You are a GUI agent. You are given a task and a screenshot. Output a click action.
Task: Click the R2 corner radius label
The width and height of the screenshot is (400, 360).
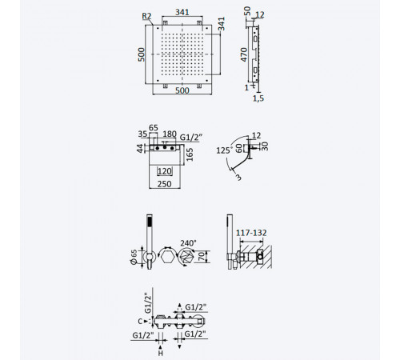146,16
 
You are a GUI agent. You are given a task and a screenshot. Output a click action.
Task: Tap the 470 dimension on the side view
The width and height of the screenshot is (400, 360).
244,54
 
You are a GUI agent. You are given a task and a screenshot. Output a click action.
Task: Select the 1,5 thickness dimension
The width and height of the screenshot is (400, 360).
258,98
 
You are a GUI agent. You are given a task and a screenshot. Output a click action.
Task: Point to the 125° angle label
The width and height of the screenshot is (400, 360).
223,150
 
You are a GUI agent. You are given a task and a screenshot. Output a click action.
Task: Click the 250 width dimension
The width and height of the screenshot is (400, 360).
164,184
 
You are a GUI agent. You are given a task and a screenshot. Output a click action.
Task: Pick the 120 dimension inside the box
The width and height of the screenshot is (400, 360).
165,171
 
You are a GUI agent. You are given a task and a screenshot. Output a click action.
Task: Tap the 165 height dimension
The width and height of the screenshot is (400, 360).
190,154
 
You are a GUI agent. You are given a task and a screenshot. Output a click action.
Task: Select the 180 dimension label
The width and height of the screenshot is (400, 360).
170,134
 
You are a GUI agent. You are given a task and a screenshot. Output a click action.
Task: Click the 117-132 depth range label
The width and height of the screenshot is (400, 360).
251,233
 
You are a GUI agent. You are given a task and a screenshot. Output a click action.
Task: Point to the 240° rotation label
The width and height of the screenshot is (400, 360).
188,243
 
